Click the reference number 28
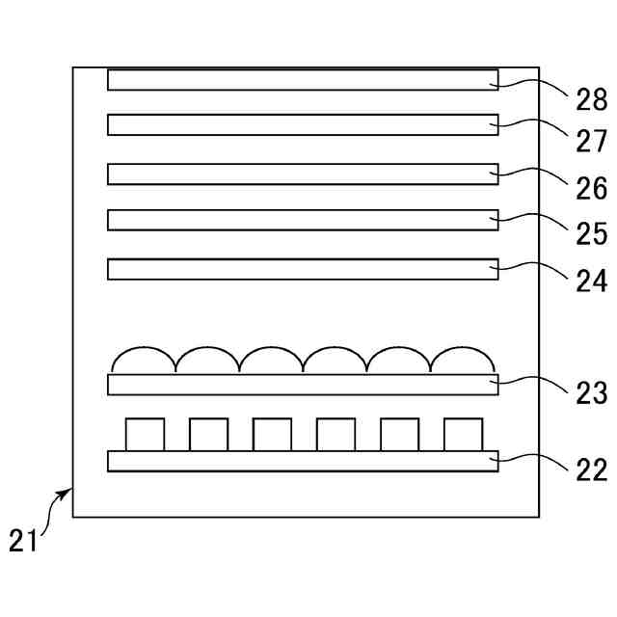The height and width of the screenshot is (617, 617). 592,98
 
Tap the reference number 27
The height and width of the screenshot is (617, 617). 592,142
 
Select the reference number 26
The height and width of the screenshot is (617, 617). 592,188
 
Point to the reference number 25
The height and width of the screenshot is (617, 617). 592,234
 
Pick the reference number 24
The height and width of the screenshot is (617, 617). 592,281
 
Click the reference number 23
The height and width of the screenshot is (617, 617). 592,393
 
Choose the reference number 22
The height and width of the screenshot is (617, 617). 592,470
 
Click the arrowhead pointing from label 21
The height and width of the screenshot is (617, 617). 68,492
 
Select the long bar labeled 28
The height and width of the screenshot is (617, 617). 303,79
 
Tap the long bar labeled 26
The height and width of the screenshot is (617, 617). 303,174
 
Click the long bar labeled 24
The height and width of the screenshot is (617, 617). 303,269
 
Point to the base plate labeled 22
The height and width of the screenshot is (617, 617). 303,461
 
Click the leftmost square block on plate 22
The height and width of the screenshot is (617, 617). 145,434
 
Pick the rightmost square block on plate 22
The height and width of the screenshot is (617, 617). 463,434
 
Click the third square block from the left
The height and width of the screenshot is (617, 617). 272,434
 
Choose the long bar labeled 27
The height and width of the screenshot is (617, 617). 303,124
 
